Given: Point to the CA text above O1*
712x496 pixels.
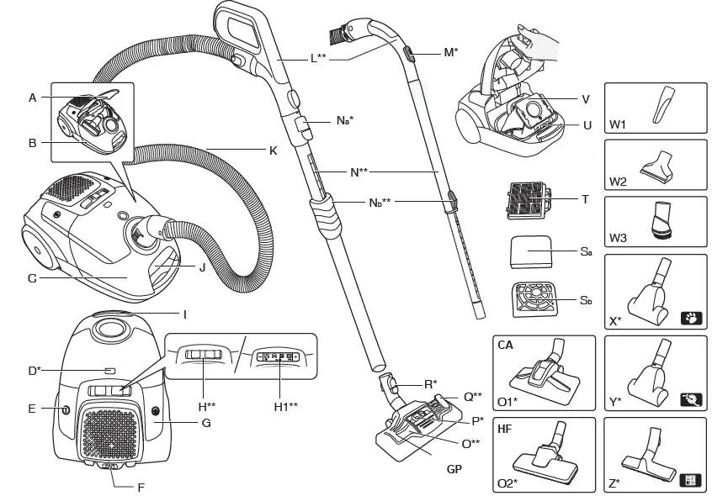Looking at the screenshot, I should (x=506, y=345).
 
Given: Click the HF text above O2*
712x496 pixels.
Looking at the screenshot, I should (x=505, y=428).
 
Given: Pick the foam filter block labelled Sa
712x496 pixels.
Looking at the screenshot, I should (x=531, y=251).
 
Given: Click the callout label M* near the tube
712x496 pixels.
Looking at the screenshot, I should (x=450, y=52).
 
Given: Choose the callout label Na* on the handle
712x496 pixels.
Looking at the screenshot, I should (x=344, y=121).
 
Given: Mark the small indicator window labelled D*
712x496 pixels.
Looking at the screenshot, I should (x=109, y=370).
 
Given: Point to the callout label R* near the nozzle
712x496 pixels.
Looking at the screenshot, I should (x=430, y=384).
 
